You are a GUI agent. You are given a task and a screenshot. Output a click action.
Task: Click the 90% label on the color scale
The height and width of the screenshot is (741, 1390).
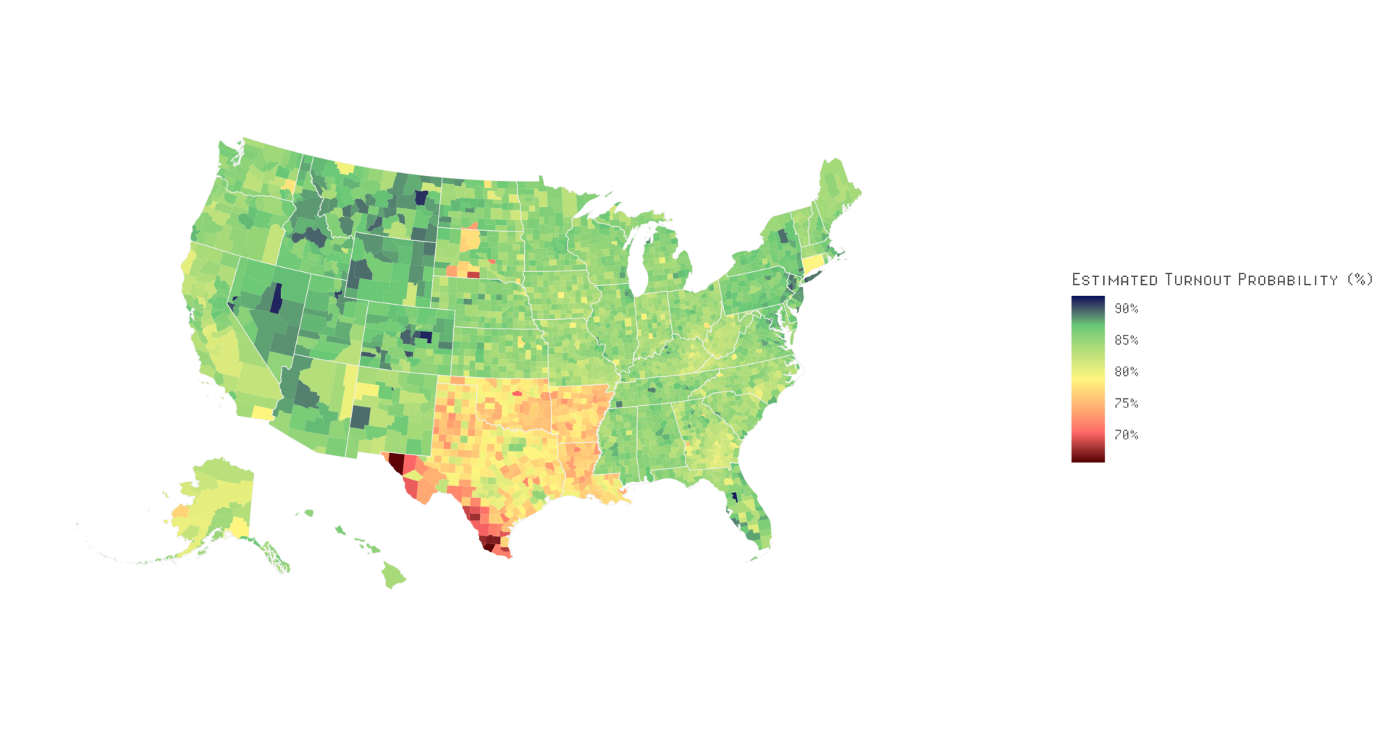point(1126,309)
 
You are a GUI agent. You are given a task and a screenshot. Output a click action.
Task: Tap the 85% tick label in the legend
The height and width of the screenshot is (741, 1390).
point(1126,340)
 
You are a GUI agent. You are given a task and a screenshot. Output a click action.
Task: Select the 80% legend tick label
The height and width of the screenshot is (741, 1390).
point(1126,372)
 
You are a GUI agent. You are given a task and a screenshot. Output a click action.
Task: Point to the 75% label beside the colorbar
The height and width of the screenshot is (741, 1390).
point(1126,403)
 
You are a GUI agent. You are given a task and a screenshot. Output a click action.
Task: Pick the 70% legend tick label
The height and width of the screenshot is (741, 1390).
point(1126,435)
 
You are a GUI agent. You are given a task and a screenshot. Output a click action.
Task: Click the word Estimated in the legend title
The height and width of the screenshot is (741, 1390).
point(1114,280)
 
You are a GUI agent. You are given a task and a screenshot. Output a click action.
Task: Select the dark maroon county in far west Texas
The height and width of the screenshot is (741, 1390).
point(396,462)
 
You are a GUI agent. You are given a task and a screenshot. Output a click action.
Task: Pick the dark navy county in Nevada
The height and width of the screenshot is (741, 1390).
point(276,298)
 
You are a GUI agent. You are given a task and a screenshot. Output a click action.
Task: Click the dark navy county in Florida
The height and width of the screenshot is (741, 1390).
point(734,497)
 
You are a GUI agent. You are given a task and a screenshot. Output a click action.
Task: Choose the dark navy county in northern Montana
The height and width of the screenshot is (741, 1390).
point(421,198)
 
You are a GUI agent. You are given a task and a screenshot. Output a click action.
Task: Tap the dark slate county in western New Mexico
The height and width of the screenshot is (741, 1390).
point(361,417)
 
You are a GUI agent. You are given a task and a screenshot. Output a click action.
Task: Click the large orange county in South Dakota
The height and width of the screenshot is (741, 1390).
point(469,239)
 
